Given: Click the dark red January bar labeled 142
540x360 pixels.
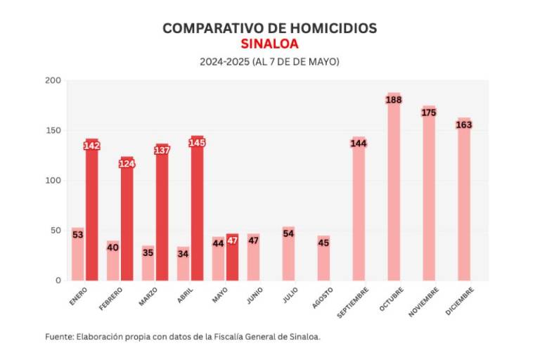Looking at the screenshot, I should (92, 211).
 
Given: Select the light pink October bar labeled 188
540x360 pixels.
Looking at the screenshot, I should (394, 190).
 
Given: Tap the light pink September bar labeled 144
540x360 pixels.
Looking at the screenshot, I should (359, 211).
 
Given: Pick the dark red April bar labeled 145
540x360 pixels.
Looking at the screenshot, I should (197, 211).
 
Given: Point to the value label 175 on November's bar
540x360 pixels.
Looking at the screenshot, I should (429, 112).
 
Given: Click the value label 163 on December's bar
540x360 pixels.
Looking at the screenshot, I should (464, 124).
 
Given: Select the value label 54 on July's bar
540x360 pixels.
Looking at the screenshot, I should (288, 233).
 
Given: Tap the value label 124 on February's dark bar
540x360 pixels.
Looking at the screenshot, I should (127, 164).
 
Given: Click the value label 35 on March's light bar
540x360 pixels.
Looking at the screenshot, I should (148, 252).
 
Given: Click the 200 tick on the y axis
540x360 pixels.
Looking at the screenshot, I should (53, 81).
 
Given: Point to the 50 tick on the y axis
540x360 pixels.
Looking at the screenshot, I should (55, 231).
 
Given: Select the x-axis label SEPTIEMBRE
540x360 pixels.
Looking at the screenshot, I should (353, 302).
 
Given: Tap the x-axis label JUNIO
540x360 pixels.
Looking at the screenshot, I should (255, 296).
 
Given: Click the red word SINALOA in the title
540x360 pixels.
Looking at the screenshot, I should (269, 44).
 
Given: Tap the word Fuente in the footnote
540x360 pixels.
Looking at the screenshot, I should (58, 337).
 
